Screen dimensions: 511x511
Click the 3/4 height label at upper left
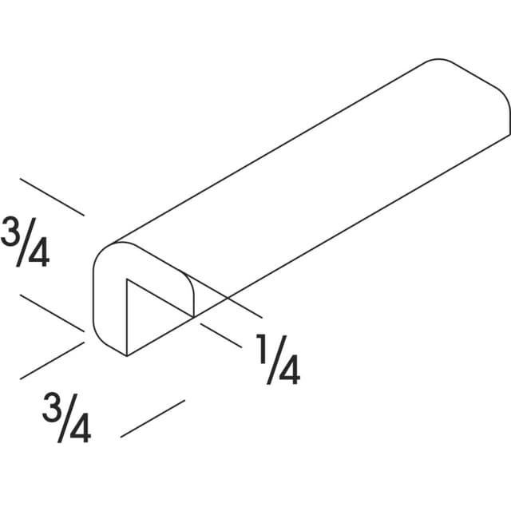tap(25, 241)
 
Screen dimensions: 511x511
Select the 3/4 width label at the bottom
tap(66, 418)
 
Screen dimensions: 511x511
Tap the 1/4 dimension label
tap(278, 359)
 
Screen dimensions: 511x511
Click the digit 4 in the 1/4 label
tap(289, 370)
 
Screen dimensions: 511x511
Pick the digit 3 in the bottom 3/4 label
tap(51, 408)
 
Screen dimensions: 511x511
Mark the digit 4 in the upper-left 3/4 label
tap(39, 252)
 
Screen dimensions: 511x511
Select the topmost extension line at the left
tap(52, 197)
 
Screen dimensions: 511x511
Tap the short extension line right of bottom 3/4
tap(153, 418)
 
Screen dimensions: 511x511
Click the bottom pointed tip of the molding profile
tap(127, 356)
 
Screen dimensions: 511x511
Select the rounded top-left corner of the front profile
tap(101, 251)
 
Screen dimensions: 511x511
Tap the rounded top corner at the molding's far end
tap(438, 59)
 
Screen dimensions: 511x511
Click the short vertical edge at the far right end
tap(509, 122)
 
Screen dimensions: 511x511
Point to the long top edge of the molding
tap(268, 153)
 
